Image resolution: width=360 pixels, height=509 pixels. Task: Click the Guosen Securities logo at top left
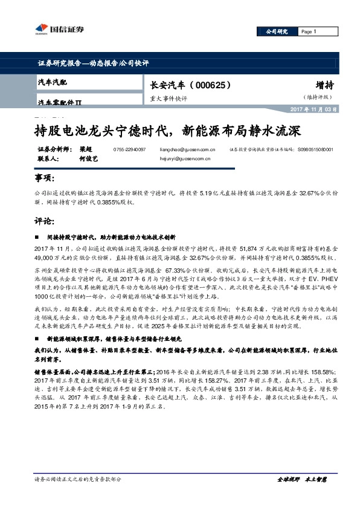pos(58,28)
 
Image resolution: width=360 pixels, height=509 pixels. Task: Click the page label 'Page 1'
pos(308,31)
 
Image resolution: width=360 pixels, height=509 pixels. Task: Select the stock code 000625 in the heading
pos(213,86)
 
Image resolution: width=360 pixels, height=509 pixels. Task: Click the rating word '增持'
pos(324,85)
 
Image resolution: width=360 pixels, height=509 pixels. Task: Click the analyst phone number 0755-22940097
pos(129,149)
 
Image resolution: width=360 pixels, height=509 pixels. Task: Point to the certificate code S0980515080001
pos(315,149)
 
